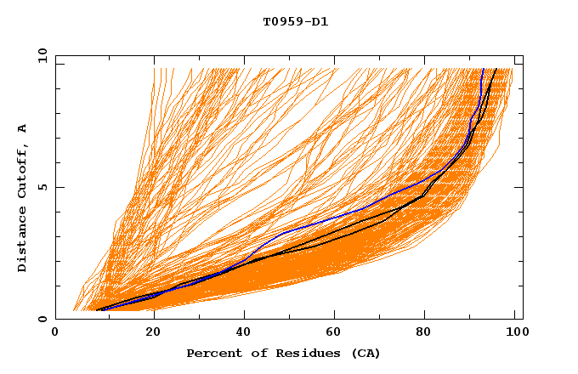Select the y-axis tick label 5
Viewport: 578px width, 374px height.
click(x=45, y=188)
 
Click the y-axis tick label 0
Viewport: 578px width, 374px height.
click(x=45, y=320)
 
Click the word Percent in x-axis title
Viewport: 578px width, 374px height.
click(x=211, y=354)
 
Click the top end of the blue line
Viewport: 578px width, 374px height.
click(x=483, y=70)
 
